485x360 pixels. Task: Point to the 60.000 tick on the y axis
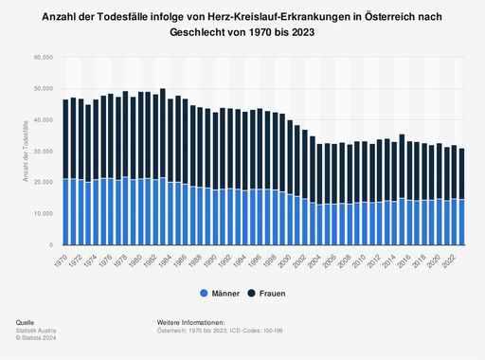pyautogui.click(x=41, y=58)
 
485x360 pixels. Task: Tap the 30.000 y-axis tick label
pyautogui.click(x=41, y=152)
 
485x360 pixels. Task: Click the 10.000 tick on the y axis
pyautogui.click(x=41, y=214)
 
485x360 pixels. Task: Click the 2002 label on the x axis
pyautogui.click(x=304, y=259)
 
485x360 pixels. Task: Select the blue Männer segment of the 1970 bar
pyautogui.click(x=66, y=212)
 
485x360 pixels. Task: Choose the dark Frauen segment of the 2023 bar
pyautogui.click(x=462, y=173)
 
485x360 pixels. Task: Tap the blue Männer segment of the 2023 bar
pyautogui.click(x=462, y=223)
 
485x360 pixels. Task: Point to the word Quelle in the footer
pyautogui.click(x=26, y=324)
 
